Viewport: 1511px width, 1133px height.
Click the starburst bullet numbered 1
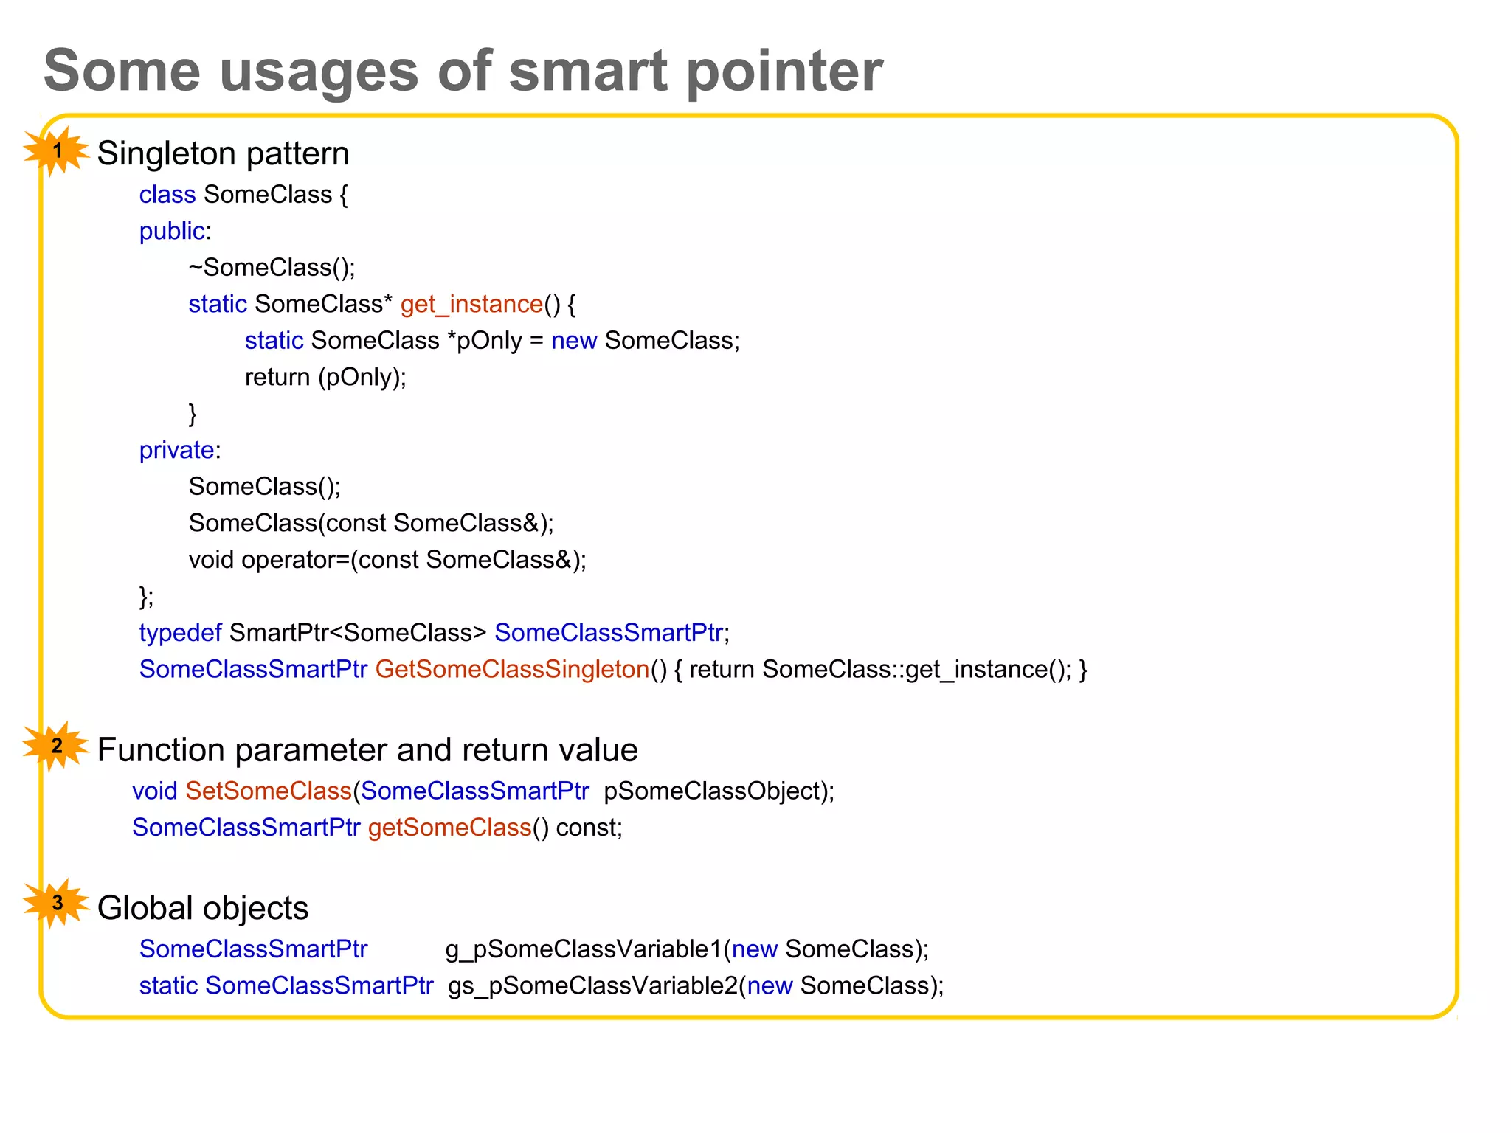(57, 151)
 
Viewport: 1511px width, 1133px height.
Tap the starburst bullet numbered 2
(57, 746)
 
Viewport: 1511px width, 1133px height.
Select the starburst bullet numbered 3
(57, 904)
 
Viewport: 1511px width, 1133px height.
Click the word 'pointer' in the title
(784, 72)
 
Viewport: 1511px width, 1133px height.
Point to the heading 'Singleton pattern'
(223, 153)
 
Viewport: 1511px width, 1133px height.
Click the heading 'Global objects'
(203, 908)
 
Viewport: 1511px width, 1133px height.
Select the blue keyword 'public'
(172, 232)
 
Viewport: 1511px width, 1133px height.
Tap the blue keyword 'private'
(177, 450)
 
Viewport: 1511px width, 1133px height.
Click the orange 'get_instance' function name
(471, 304)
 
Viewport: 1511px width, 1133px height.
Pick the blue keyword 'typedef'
(180, 633)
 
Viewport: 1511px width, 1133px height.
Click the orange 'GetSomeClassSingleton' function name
(512, 669)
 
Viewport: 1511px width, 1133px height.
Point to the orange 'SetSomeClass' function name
(268, 791)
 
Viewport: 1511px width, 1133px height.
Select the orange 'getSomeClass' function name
(449, 828)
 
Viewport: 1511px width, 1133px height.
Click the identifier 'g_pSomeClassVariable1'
(583, 949)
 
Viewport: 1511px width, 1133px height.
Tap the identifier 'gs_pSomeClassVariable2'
(592, 986)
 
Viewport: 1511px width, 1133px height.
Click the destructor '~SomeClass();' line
(272, 267)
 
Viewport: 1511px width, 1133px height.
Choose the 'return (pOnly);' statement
(325, 377)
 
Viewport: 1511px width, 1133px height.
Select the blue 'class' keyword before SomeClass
(167, 195)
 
